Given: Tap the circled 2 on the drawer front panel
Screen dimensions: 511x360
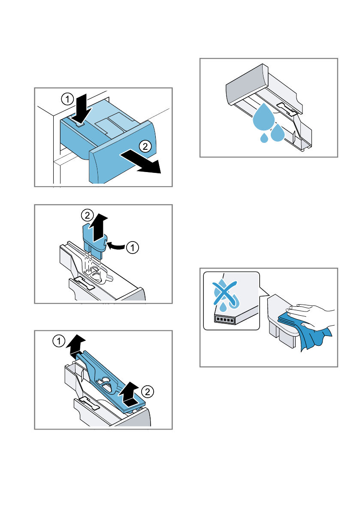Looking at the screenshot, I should pos(145,146).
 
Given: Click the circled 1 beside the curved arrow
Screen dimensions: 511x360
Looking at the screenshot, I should pos(134,247).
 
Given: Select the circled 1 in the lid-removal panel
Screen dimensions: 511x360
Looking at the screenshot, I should pos(59,342).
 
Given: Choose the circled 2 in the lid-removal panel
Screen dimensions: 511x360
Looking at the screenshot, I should pos(147,391).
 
